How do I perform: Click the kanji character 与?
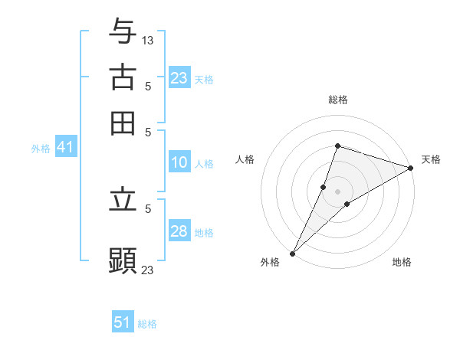click(x=123, y=31)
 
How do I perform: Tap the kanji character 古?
click(x=123, y=77)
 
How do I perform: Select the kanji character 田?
click(x=123, y=123)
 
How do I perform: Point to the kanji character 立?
click(x=123, y=201)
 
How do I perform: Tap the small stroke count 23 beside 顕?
click(x=148, y=270)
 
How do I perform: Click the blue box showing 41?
click(x=64, y=148)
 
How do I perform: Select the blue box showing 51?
click(x=123, y=322)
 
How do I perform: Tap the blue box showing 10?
click(x=179, y=162)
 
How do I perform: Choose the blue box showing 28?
click(x=179, y=231)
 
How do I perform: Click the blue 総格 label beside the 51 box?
click(x=147, y=324)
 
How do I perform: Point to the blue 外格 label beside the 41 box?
click(x=41, y=149)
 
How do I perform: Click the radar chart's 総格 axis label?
click(x=337, y=100)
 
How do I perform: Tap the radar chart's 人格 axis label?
click(x=245, y=159)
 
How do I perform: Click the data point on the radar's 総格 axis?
click(x=337, y=146)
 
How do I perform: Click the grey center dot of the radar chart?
click(x=337, y=191)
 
